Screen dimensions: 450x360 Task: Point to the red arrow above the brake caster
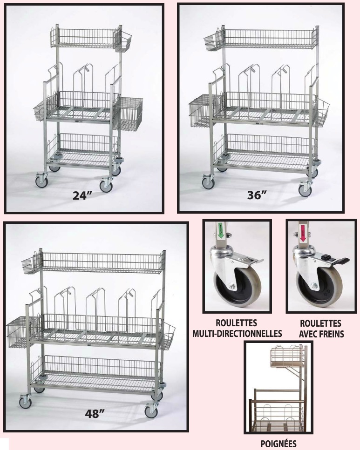point(302,231)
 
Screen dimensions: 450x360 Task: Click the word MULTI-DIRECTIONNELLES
point(238,333)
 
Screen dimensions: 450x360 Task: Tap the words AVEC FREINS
point(320,333)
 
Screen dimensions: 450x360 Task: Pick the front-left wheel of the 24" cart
point(42,181)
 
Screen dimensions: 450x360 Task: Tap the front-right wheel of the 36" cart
point(305,189)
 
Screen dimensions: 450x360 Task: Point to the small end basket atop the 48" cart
point(32,264)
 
